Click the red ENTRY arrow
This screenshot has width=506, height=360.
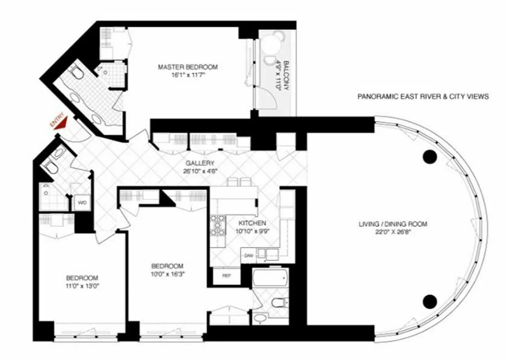(62, 123)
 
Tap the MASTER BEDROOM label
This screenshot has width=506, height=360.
(187, 67)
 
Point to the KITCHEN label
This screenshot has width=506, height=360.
(252, 223)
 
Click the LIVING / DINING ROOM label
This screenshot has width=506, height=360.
(393, 224)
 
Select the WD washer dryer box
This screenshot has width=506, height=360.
(82, 202)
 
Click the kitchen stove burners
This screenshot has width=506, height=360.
(218, 226)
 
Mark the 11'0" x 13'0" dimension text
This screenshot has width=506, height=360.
(82, 285)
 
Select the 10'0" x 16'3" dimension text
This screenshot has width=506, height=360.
(167, 273)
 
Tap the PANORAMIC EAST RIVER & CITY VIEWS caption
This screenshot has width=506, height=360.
(423, 96)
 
